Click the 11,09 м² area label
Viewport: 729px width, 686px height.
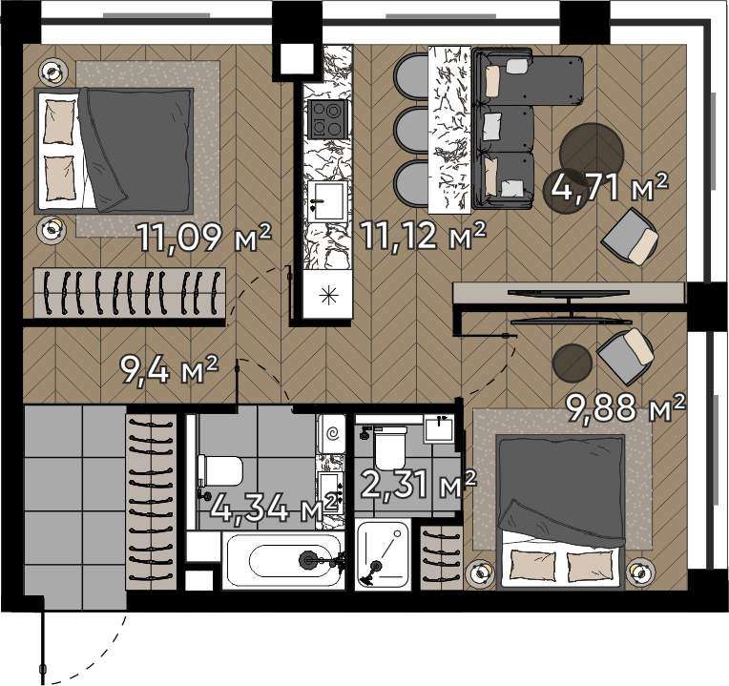click(x=204, y=237)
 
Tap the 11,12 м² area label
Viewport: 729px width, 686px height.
click(x=423, y=235)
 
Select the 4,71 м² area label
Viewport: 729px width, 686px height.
click(x=609, y=186)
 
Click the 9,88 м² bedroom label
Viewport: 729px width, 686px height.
click(x=625, y=407)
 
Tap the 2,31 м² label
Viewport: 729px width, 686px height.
click(x=419, y=485)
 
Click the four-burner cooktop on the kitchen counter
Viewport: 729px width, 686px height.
click(x=328, y=118)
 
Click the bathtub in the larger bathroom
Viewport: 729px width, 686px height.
click(x=283, y=560)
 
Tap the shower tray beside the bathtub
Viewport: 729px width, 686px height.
click(x=383, y=555)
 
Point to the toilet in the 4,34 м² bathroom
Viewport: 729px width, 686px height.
click(x=220, y=471)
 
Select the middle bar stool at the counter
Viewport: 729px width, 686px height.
click(x=411, y=130)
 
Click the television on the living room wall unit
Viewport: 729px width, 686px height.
click(x=568, y=292)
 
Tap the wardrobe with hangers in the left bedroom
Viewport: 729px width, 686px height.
click(x=130, y=293)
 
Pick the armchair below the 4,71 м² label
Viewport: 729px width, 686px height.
click(x=630, y=236)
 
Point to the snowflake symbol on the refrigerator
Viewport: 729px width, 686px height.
click(x=328, y=295)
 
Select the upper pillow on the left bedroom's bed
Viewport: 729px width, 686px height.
click(x=59, y=122)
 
